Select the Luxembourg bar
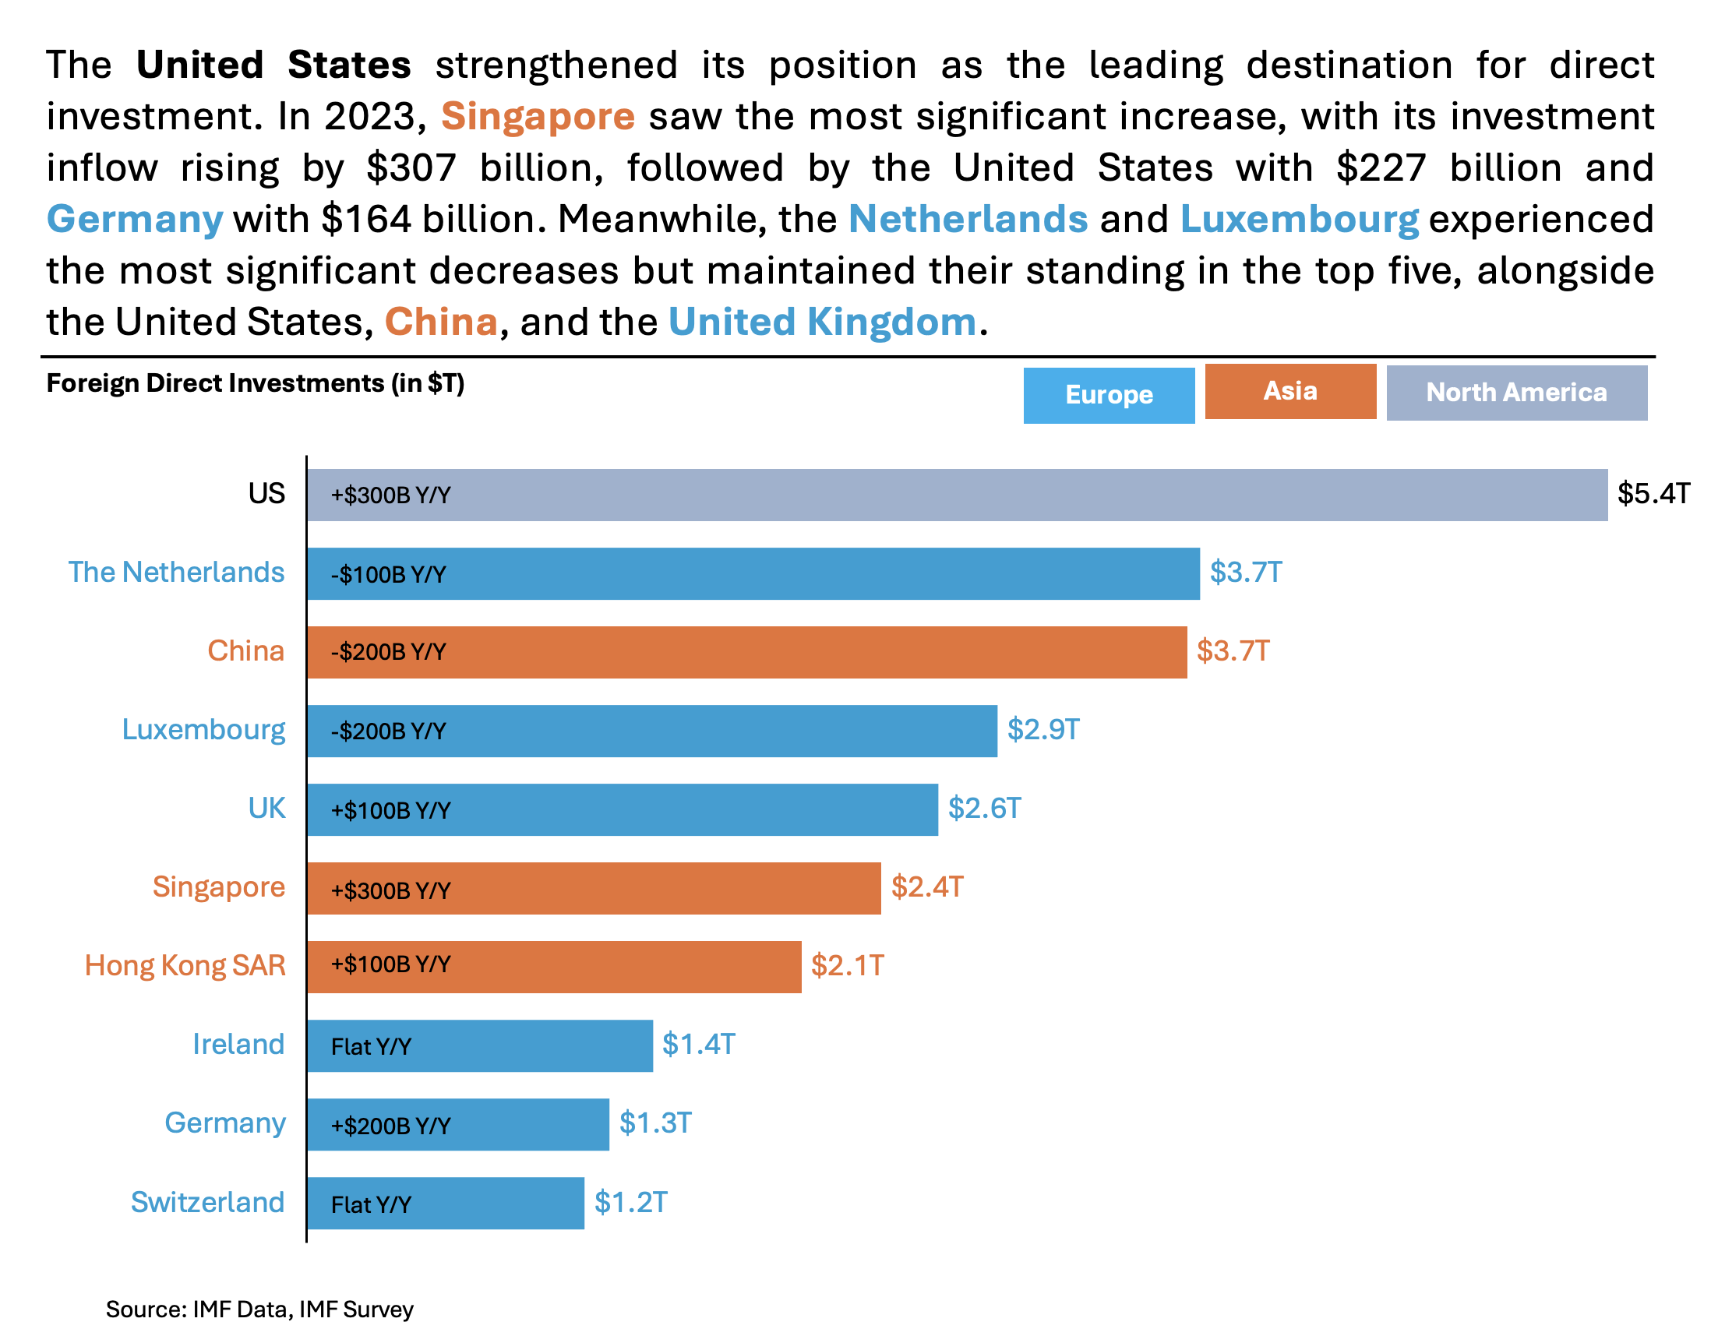point(651,731)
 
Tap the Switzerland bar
point(445,1202)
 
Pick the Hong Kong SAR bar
point(553,967)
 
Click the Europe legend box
point(1108,395)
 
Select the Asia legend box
point(1289,391)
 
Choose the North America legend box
point(1515,393)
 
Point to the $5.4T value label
point(1653,494)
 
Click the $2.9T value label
point(1042,730)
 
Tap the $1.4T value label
point(697,1044)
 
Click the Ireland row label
point(238,1044)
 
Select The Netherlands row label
point(176,572)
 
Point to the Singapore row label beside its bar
point(218,887)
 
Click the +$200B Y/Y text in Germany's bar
point(390,1126)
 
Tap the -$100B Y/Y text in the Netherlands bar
point(388,575)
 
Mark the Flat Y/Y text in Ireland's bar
point(370,1046)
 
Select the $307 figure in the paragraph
point(411,167)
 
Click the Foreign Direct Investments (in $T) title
point(255,383)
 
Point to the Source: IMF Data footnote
point(259,1310)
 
